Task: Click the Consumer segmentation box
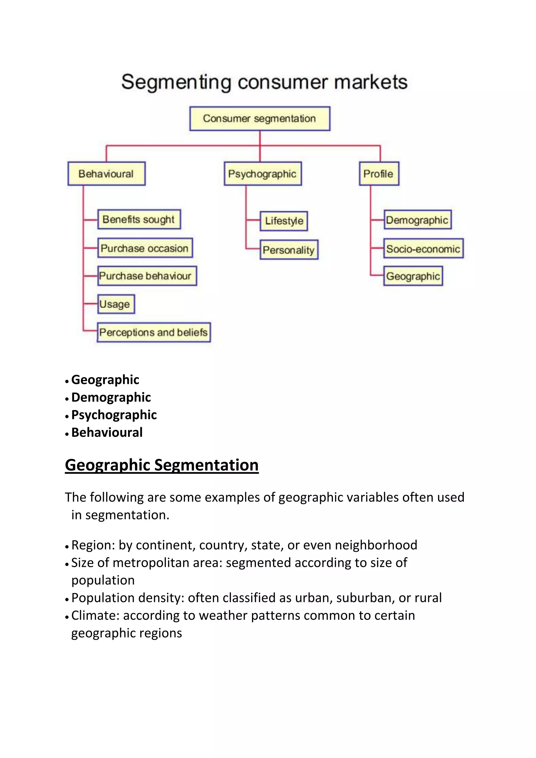(x=260, y=119)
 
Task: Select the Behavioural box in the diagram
(x=106, y=174)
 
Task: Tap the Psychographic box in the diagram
(x=263, y=174)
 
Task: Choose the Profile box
(x=379, y=174)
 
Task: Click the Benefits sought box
(x=139, y=219)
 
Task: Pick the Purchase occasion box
(x=145, y=248)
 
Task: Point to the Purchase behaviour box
(x=147, y=276)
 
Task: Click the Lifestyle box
(x=284, y=221)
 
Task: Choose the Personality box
(x=289, y=250)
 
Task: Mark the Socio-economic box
(x=423, y=249)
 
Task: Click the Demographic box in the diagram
(x=417, y=220)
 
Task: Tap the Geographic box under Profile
(x=413, y=276)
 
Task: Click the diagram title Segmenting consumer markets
(x=264, y=82)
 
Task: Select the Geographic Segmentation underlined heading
(x=162, y=465)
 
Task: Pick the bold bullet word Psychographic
(x=114, y=415)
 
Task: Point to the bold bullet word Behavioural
(x=107, y=432)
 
